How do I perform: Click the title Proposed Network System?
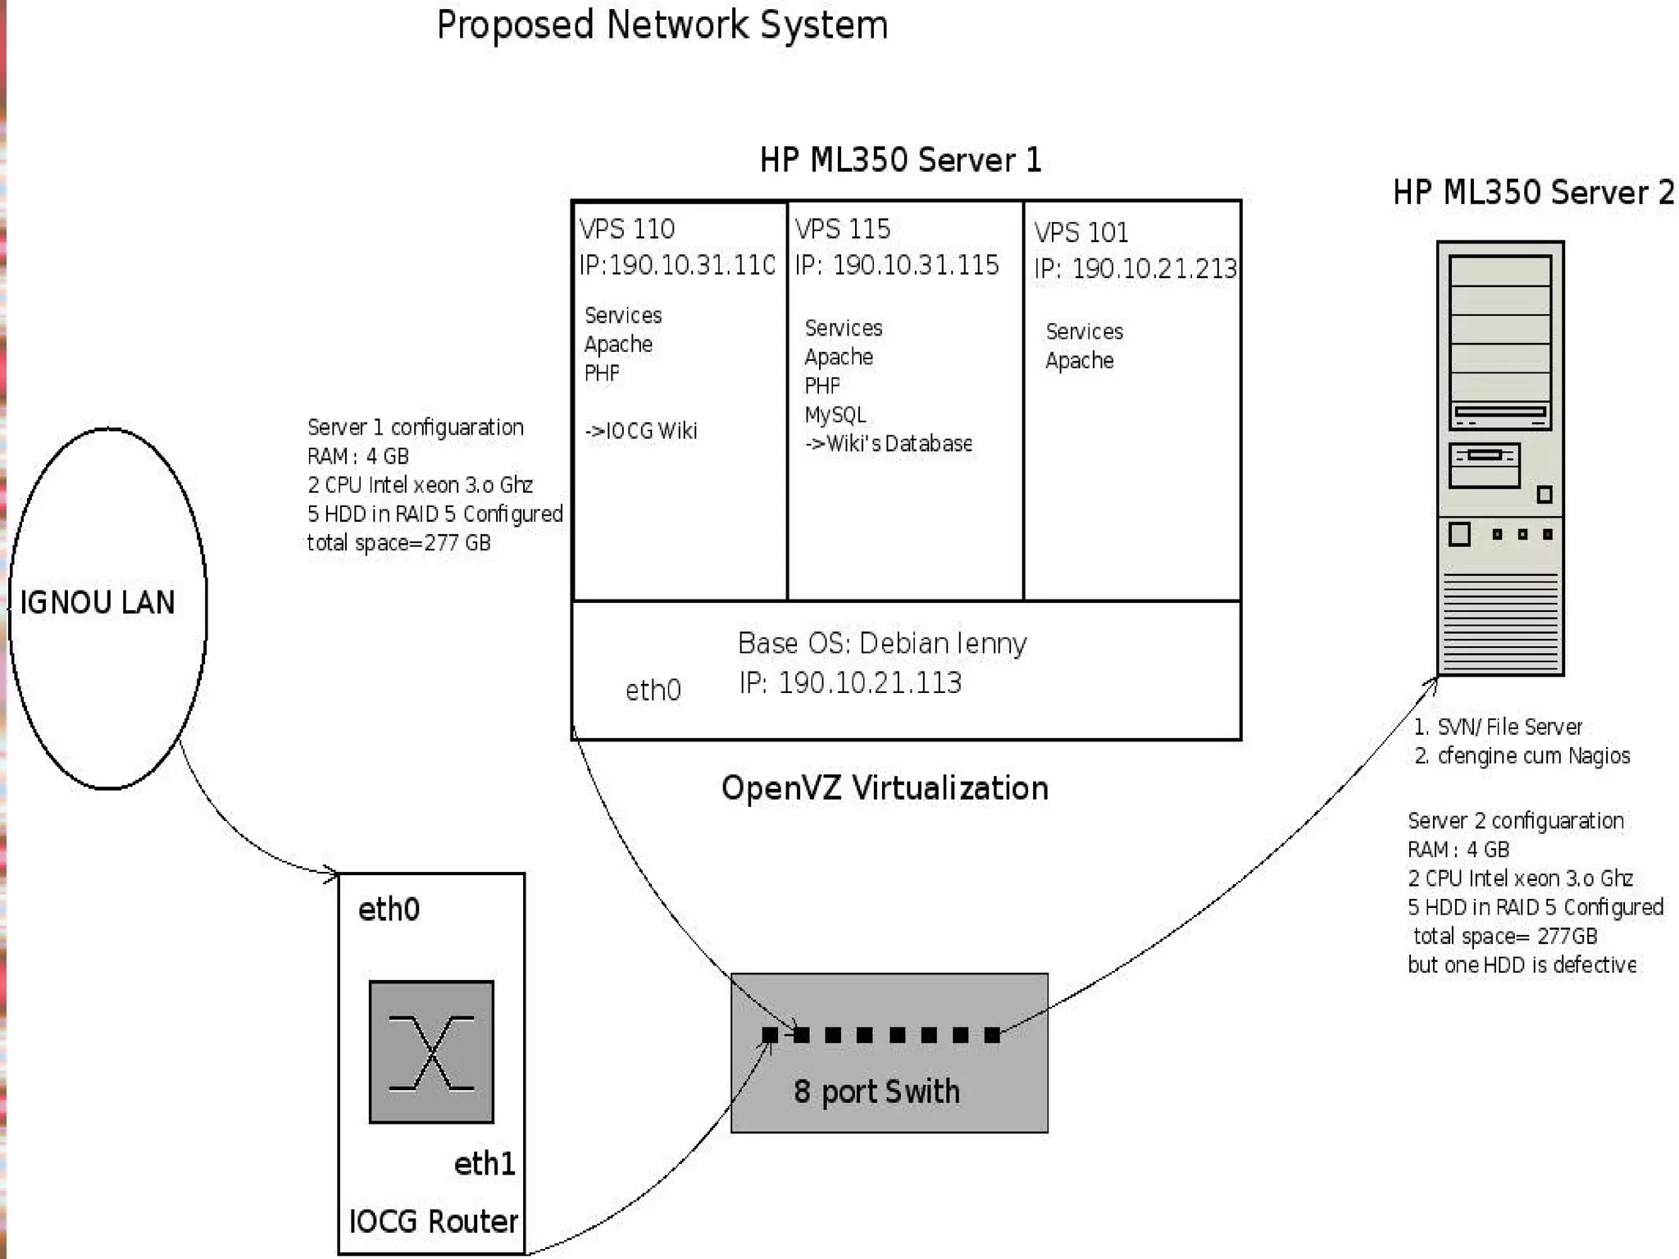pos(662,25)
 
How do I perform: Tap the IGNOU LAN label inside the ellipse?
pos(98,603)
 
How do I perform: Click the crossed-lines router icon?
pos(431,1052)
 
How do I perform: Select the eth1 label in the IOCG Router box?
pos(484,1164)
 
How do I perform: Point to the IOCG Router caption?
pos(433,1222)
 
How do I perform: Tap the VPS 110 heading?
pos(627,229)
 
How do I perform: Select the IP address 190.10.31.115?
pos(915,265)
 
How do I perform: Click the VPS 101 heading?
pos(1081,233)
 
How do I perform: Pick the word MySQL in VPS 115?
pos(835,415)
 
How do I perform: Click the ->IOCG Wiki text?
pos(641,431)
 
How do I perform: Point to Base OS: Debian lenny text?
pos(882,644)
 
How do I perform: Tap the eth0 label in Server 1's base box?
pos(653,691)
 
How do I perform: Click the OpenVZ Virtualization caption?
pos(885,788)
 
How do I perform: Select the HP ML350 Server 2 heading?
pos(1533,193)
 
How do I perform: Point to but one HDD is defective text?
pos(1522,965)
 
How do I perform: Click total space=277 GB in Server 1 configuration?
pos(398,543)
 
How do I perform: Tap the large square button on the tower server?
pos(1459,535)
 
